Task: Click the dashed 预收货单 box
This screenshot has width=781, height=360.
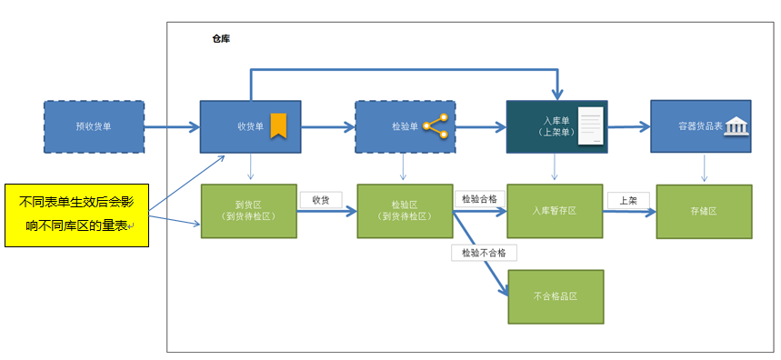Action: (x=95, y=126)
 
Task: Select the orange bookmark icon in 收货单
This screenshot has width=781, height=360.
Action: (x=278, y=126)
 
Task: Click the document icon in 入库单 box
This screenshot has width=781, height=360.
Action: (x=590, y=126)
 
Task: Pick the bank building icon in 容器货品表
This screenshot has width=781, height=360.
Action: (x=736, y=126)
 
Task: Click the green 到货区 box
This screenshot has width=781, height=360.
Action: (x=249, y=211)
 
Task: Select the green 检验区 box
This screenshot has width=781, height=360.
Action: (x=405, y=211)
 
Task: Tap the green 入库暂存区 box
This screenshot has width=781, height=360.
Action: (x=555, y=211)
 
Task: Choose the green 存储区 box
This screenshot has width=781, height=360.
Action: (x=705, y=212)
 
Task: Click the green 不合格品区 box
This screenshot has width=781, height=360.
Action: (x=556, y=296)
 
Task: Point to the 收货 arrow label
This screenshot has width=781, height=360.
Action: (x=321, y=200)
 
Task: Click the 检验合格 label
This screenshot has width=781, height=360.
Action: (x=480, y=200)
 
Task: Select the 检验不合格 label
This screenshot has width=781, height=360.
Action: (x=484, y=253)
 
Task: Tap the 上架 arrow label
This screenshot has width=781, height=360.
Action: (x=628, y=200)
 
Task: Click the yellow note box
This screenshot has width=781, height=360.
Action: (x=76, y=215)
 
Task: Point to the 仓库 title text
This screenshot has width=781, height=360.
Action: (x=221, y=39)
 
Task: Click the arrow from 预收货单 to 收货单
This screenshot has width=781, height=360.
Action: (x=172, y=127)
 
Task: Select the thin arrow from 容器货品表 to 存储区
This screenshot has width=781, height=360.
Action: (x=704, y=168)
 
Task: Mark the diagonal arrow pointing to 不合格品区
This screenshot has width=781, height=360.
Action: (x=481, y=254)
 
